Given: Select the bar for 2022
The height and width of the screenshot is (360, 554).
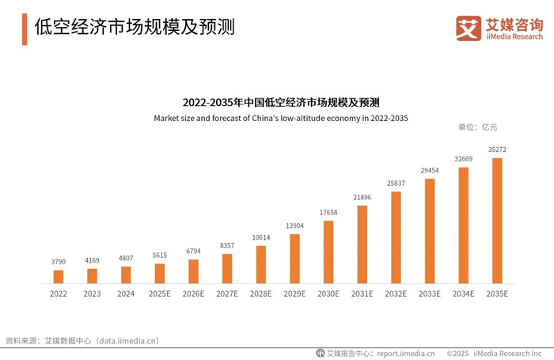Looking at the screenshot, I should tap(59, 276).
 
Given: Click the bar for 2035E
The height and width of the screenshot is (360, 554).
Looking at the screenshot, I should tap(497, 221).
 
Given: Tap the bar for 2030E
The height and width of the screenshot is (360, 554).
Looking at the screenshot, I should tap(328, 252).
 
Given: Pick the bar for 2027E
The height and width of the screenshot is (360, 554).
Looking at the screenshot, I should tap(227, 268).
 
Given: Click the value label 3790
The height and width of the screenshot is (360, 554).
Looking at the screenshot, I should tap(59, 261).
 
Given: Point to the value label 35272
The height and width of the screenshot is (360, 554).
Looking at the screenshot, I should tap(497, 149).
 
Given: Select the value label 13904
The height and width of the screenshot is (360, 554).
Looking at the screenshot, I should tap(294, 225).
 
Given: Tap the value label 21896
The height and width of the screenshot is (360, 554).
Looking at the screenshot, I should tap(362, 197).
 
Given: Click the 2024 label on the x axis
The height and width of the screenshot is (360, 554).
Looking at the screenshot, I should tap(126, 294).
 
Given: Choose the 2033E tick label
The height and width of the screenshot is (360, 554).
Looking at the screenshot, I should tap(430, 294).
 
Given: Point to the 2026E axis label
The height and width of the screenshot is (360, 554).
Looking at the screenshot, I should tap(193, 294).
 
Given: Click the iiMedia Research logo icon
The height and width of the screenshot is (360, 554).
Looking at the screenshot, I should tap(469, 28).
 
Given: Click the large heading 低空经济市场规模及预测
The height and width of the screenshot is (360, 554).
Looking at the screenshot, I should tap(135, 28).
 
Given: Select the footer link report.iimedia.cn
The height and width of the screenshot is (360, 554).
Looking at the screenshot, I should tap(405, 353).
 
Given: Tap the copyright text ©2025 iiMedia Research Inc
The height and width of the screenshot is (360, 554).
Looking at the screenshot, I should tap(494, 353).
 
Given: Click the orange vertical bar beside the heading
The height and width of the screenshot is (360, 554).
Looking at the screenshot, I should tap(25, 28).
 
